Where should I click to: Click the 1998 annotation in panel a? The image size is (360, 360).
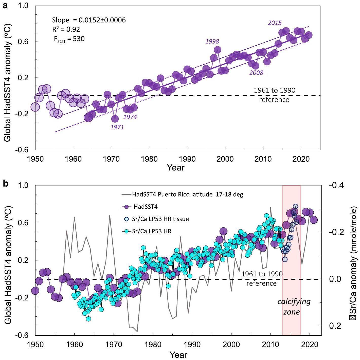click(x=212, y=41)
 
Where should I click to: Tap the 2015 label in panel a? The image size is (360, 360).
click(x=275, y=23)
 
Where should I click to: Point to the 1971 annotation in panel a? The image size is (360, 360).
click(x=117, y=127)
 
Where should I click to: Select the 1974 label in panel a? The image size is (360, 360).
click(x=130, y=117)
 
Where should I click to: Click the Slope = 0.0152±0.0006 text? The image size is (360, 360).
click(x=89, y=20)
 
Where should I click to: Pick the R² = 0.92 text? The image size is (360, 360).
click(x=66, y=29)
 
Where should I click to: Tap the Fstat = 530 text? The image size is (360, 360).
click(x=69, y=39)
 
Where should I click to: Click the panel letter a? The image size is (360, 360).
click(x=5, y=6)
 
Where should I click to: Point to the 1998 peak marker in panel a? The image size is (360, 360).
click(x=217, y=50)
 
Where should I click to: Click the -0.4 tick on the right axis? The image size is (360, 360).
click(x=336, y=185)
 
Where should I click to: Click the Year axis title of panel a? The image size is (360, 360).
click(x=176, y=167)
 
